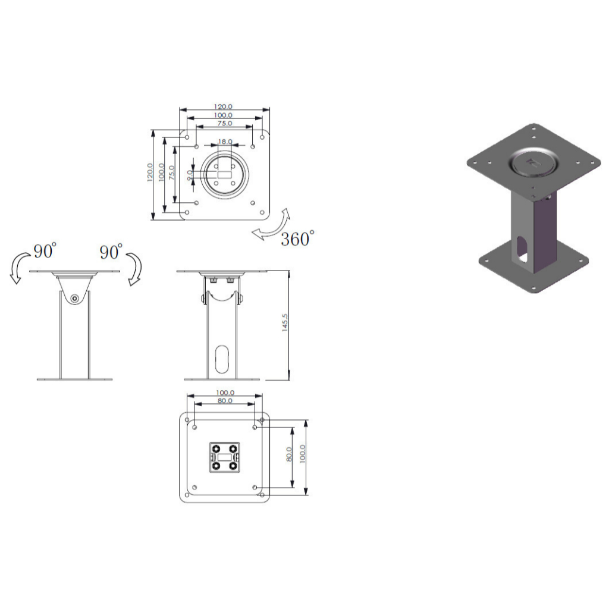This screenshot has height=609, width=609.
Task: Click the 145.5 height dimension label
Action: (285, 322)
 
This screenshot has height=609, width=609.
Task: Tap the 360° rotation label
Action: (297, 238)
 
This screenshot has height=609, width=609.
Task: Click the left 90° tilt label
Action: (45, 251)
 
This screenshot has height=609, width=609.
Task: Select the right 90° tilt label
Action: (111, 252)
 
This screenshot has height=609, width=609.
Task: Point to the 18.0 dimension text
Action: (225, 142)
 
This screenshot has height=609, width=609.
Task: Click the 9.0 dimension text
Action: (190, 175)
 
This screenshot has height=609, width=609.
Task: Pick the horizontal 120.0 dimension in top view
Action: (223, 106)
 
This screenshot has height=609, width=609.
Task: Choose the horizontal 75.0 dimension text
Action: (224, 123)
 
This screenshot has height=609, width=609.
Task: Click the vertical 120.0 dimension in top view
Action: (150, 172)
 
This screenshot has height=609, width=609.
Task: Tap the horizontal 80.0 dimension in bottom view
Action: (225, 400)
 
